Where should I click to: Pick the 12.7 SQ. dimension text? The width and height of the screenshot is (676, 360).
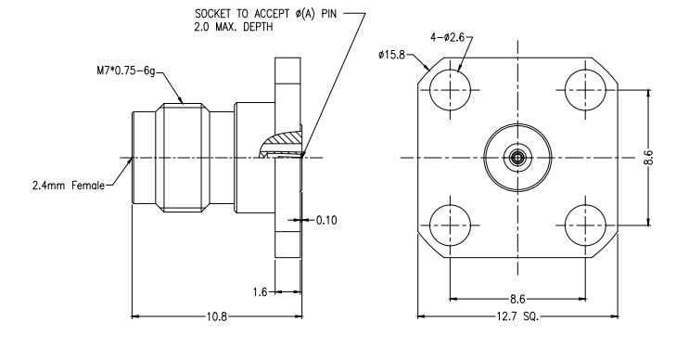516,316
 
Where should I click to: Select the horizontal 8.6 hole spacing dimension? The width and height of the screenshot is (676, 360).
516,298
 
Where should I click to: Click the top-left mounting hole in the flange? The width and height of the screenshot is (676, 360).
452,91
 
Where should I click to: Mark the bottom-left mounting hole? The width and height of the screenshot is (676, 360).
452,224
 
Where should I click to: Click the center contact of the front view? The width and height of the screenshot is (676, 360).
517,158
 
